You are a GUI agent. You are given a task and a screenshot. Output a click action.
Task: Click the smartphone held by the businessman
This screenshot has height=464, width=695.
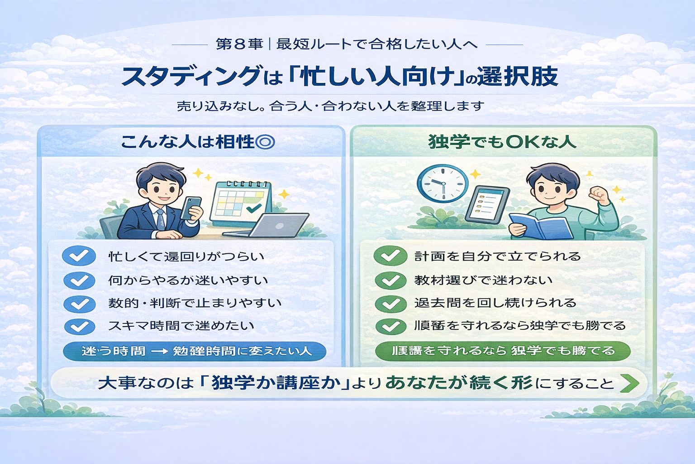click(x=191, y=208)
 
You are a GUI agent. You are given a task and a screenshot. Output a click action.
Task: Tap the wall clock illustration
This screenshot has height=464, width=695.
click(x=442, y=184)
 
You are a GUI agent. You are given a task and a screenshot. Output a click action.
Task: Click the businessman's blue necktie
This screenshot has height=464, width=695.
click(x=161, y=220)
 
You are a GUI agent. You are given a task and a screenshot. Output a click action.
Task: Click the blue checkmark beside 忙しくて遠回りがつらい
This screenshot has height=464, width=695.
click(x=79, y=256)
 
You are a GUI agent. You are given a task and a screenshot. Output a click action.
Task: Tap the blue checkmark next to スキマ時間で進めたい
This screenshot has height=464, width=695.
click(x=79, y=326)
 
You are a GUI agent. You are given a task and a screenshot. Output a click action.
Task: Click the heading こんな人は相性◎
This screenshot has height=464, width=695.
click(x=197, y=142)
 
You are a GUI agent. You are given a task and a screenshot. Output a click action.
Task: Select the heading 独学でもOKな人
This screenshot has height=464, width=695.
click(x=502, y=142)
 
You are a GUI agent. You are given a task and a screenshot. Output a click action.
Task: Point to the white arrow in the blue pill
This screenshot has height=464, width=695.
click(x=159, y=352)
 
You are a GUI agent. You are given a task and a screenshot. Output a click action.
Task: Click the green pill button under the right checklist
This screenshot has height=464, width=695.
click(x=502, y=351)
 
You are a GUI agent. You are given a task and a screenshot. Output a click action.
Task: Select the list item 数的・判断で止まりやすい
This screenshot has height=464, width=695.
click(x=195, y=303)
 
